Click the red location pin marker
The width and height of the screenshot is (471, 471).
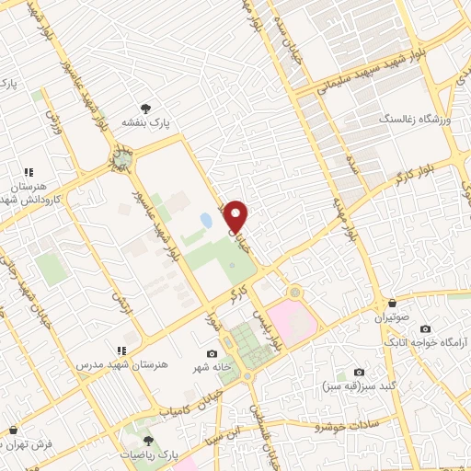[236, 214]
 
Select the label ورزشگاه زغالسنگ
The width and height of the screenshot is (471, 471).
[411, 120]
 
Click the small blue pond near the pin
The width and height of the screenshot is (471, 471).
[204, 221]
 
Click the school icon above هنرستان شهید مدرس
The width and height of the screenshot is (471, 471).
[121, 350]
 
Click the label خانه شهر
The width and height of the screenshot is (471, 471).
[211, 368]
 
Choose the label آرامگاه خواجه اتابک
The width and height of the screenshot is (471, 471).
[429, 342]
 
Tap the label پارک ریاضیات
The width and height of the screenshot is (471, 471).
[148, 455]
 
